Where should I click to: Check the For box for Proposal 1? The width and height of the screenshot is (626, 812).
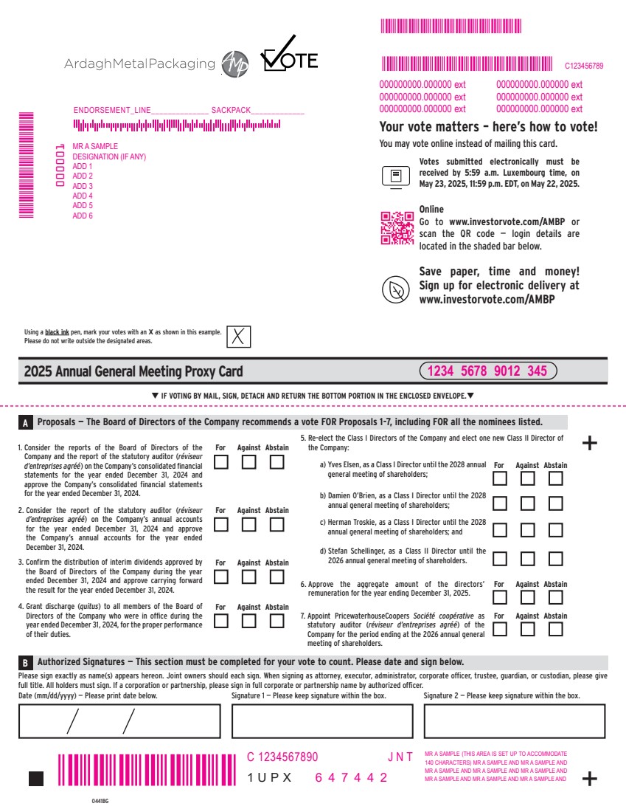[221, 462]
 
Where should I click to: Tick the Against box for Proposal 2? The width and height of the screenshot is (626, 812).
[249, 525]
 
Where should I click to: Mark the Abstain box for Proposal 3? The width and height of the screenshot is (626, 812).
[277, 577]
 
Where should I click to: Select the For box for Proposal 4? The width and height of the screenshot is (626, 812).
[221, 621]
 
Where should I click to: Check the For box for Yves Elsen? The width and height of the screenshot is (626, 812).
[500, 478]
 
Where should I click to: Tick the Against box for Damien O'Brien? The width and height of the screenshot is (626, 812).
[528, 504]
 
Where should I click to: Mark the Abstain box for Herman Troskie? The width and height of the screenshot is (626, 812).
[556, 530]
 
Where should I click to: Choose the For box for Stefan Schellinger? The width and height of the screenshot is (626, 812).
[500, 558]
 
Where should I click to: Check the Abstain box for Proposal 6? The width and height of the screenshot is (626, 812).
[556, 597]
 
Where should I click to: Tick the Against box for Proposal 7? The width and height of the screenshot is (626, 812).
[528, 629]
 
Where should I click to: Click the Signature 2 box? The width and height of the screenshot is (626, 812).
[514, 721]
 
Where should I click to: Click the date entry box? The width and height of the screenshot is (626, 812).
[121, 721]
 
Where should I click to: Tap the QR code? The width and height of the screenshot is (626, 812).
[397, 227]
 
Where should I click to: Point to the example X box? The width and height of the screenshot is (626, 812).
[238, 337]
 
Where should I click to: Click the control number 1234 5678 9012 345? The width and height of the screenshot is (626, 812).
[487, 371]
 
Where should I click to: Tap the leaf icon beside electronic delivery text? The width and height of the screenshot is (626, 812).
[396, 289]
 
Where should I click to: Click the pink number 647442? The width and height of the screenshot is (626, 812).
[352, 778]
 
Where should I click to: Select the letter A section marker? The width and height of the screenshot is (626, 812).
[25, 424]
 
